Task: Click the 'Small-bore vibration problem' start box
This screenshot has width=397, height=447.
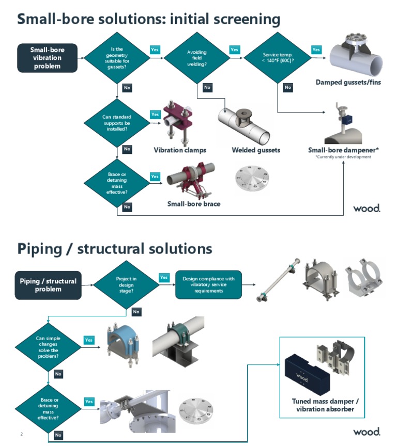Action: click(48, 58)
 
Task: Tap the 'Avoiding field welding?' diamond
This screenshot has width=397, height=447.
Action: click(196, 60)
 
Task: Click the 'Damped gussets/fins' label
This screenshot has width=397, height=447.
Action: click(348, 82)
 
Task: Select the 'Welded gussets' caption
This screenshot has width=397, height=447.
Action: click(256, 150)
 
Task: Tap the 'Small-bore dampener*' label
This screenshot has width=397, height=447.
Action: click(343, 150)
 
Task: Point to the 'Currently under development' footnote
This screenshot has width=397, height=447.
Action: click(343, 157)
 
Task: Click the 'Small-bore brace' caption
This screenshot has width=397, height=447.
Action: click(193, 204)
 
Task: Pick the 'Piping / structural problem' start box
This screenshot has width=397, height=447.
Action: click(48, 285)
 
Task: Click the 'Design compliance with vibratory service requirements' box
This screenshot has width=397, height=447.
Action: click(208, 285)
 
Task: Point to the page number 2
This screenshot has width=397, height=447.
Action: click(21, 434)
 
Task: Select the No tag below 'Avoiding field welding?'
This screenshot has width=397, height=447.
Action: click(207, 88)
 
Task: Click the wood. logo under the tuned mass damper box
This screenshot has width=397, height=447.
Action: click(367, 432)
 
